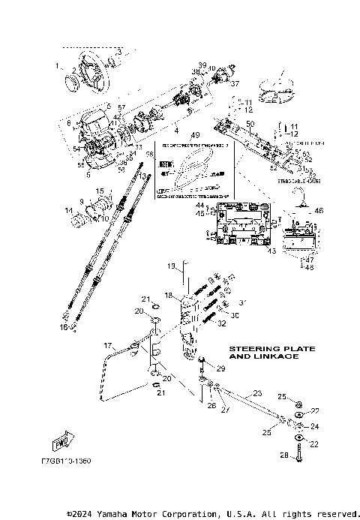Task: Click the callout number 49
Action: point(196,137)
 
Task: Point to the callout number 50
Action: point(250,122)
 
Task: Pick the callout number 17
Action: point(107,345)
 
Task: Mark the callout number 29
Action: point(220,370)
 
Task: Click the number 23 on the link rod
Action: point(257,392)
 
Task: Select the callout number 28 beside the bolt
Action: point(284,455)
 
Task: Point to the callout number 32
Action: point(222,324)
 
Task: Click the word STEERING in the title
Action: point(256,347)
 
